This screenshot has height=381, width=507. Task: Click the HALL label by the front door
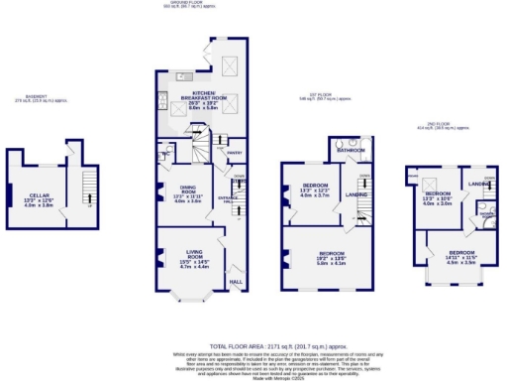pyautogui.click(x=236, y=281)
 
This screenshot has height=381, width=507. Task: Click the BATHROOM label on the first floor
pyautogui.click(x=355, y=150)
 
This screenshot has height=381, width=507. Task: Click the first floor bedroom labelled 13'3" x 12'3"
pyautogui.click(x=314, y=189)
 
